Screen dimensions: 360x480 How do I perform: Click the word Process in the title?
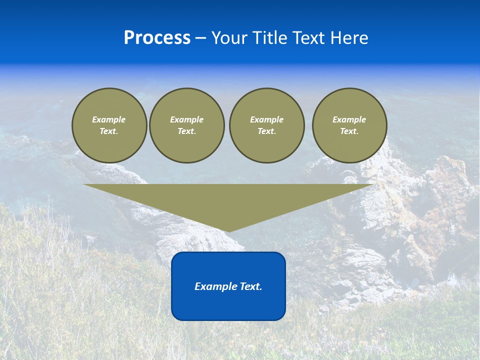click(157, 38)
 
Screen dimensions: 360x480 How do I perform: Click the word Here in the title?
click(351, 38)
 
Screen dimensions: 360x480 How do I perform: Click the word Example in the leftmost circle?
click(109, 119)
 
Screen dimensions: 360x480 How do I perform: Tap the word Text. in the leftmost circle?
click(109, 131)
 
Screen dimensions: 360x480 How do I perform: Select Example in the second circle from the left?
click(186, 119)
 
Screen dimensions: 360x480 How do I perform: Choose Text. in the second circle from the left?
click(186, 131)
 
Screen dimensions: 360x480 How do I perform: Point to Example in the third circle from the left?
click(266, 119)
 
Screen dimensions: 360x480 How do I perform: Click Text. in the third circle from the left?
click(266, 131)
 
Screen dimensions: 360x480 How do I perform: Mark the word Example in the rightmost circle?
click(349, 119)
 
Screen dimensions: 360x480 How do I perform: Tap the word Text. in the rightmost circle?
click(349, 131)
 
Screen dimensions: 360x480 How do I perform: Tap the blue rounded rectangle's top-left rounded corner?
click(175, 256)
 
